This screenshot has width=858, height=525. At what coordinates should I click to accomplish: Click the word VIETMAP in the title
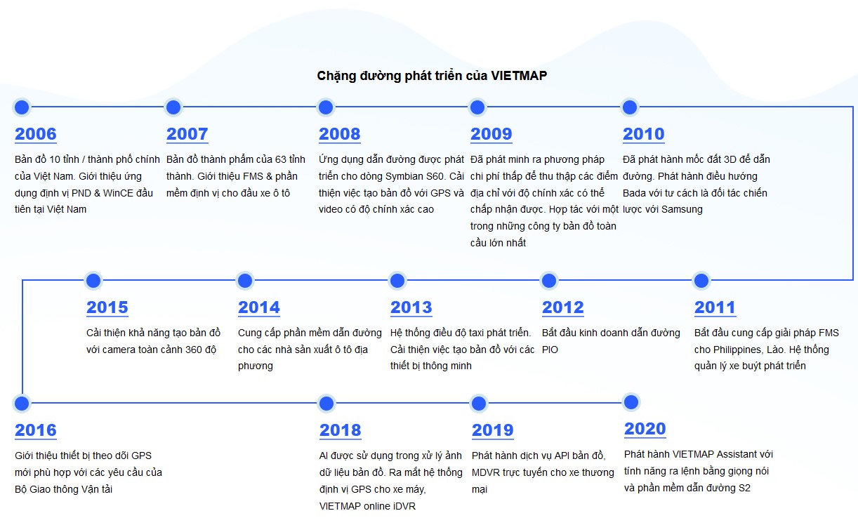coord(519,76)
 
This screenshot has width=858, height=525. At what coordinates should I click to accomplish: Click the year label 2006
coord(36,134)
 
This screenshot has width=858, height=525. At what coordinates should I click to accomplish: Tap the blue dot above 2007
coord(173,107)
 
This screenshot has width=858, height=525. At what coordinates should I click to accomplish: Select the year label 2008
coord(339,134)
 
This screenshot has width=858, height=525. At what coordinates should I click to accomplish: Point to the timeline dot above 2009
coord(477,107)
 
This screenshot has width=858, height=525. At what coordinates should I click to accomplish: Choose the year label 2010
coord(643,134)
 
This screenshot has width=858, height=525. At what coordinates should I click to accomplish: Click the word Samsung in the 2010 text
coord(682,209)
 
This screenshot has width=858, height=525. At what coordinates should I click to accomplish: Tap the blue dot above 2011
coord(701,281)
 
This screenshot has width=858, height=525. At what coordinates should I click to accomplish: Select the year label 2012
coord(562,307)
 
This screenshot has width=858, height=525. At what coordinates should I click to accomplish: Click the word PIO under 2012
coord(550,350)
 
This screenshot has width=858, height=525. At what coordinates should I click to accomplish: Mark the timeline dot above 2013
coord(397,281)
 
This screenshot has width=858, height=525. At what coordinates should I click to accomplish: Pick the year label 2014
coord(259,307)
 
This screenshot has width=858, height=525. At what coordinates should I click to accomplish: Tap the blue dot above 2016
coord(22,404)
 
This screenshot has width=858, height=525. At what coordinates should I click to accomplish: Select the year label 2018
coord(340,430)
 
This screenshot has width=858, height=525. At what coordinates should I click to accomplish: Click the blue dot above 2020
coord(631,402)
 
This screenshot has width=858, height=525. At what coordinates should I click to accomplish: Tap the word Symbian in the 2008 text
coord(402,176)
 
